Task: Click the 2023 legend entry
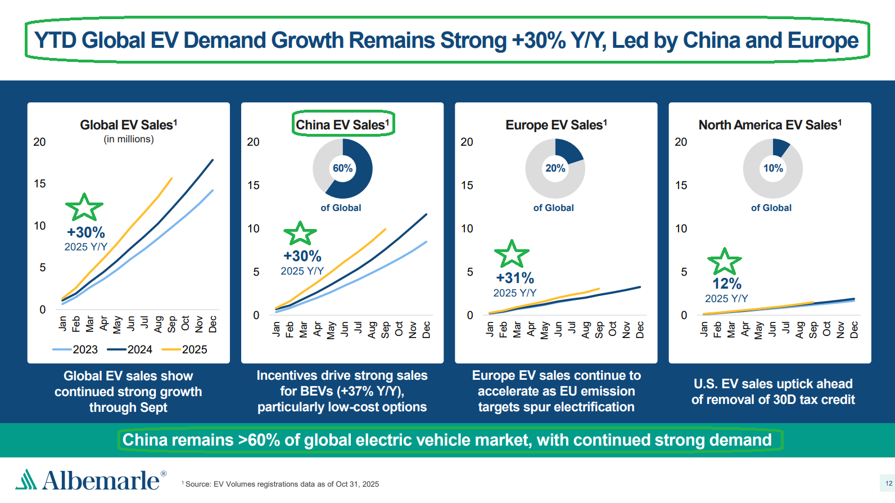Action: click(x=75, y=349)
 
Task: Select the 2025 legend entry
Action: click(x=184, y=349)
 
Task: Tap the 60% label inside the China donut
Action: click(x=343, y=168)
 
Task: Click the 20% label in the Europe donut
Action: click(x=555, y=168)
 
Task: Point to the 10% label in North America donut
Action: click(x=773, y=168)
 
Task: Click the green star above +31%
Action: click(x=512, y=254)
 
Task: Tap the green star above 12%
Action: click(x=725, y=262)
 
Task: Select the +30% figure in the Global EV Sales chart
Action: click(x=86, y=232)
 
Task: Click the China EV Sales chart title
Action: click(x=342, y=125)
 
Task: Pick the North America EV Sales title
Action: click(x=770, y=125)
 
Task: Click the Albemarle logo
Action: click(x=91, y=479)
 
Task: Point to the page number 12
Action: click(x=889, y=483)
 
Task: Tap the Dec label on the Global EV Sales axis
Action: click(x=213, y=324)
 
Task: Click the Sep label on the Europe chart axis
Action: click(x=599, y=330)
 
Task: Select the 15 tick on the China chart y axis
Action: click(x=254, y=186)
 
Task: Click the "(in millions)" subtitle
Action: click(x=129, y=139)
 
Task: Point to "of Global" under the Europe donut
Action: click(x=553, y=208)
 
